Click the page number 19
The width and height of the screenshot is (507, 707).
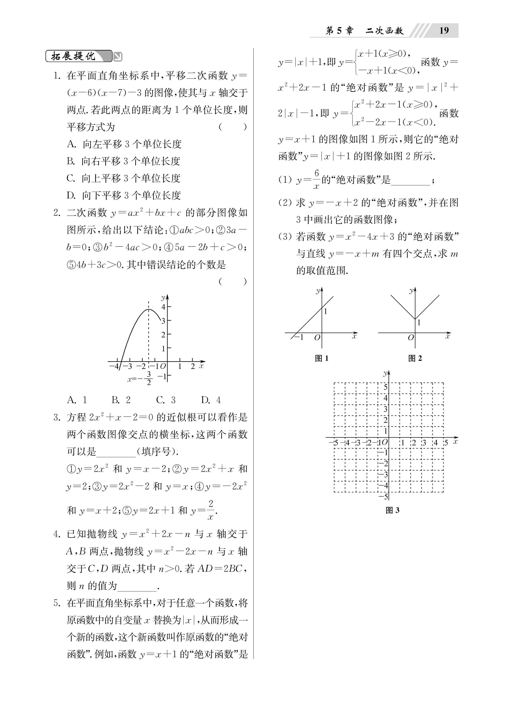[444, 31]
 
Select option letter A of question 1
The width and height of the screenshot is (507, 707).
[71, 144]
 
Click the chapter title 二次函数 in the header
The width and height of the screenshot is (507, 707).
[385, 31]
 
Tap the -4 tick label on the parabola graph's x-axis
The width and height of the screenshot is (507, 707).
[114, 366]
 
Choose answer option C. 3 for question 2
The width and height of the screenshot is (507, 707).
[166, 400]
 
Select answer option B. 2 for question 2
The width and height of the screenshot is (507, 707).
[121, 400]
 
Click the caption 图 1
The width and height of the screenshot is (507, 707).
[322, 358]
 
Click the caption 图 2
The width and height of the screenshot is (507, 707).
[415, 358]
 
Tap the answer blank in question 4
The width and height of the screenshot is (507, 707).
[137, 586]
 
